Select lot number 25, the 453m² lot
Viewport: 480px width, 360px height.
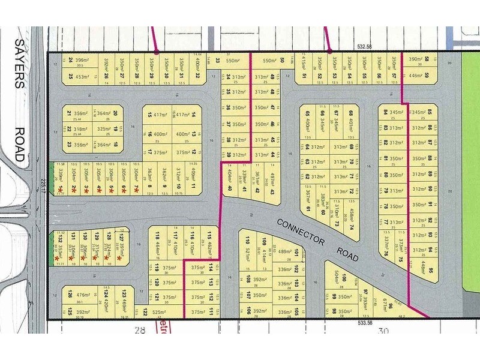[x=70, y=76]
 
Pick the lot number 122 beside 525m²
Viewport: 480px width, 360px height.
[x=145, y=313]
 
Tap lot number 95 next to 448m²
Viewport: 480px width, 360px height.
[x=431, y=262]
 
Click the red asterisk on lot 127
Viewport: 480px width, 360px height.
[x=119, y=258]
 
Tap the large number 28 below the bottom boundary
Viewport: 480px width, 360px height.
[x=140, y=331]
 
